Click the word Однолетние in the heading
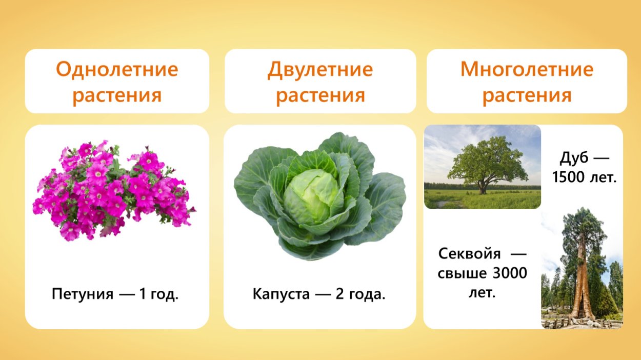point(117,69)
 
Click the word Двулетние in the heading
point(320,69)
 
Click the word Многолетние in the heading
point(527,69)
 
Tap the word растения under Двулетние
point(320,95)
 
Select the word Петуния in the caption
point(82,294)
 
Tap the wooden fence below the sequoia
point(579,323)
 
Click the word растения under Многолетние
point(527,95)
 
